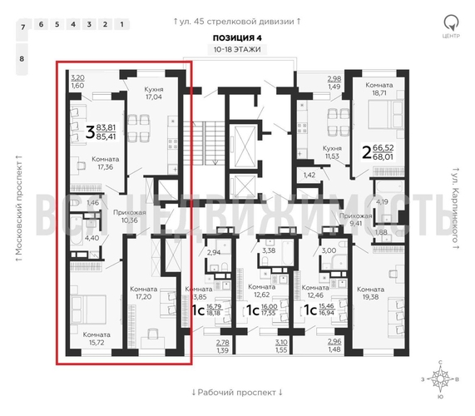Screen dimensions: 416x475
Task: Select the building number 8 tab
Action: (22, 59)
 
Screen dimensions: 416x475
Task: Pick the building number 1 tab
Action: (121, 24)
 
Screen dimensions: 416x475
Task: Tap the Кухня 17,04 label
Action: (153, 92)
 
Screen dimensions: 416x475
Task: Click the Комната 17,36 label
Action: (106, 162)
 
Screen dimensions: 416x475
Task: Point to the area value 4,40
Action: (92, 239)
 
